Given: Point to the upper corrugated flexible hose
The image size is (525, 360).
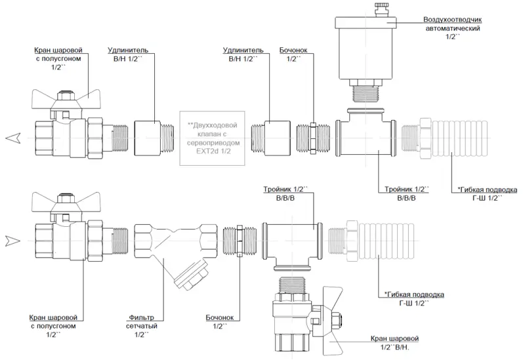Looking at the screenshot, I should (x=433, y=138).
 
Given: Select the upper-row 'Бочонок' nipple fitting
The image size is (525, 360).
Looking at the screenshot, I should (x=312, y=137).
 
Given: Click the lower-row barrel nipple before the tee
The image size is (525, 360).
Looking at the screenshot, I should (x=240, y=241).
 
